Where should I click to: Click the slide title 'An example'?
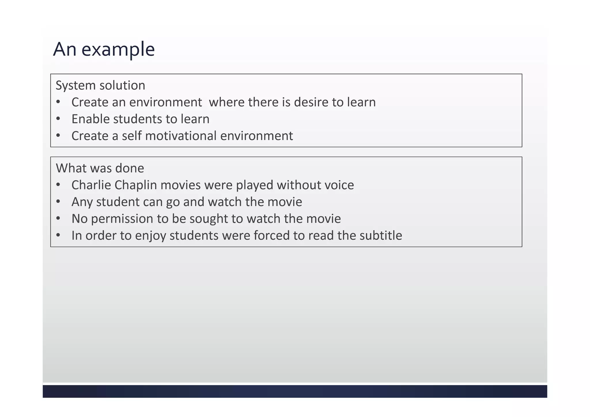(104, 49)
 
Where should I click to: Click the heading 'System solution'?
(100, 85)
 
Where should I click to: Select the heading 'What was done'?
(100, 168)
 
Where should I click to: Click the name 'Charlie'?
(91, 185)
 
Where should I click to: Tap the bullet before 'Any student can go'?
(58, 202)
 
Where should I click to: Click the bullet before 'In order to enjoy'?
(58, 235)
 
